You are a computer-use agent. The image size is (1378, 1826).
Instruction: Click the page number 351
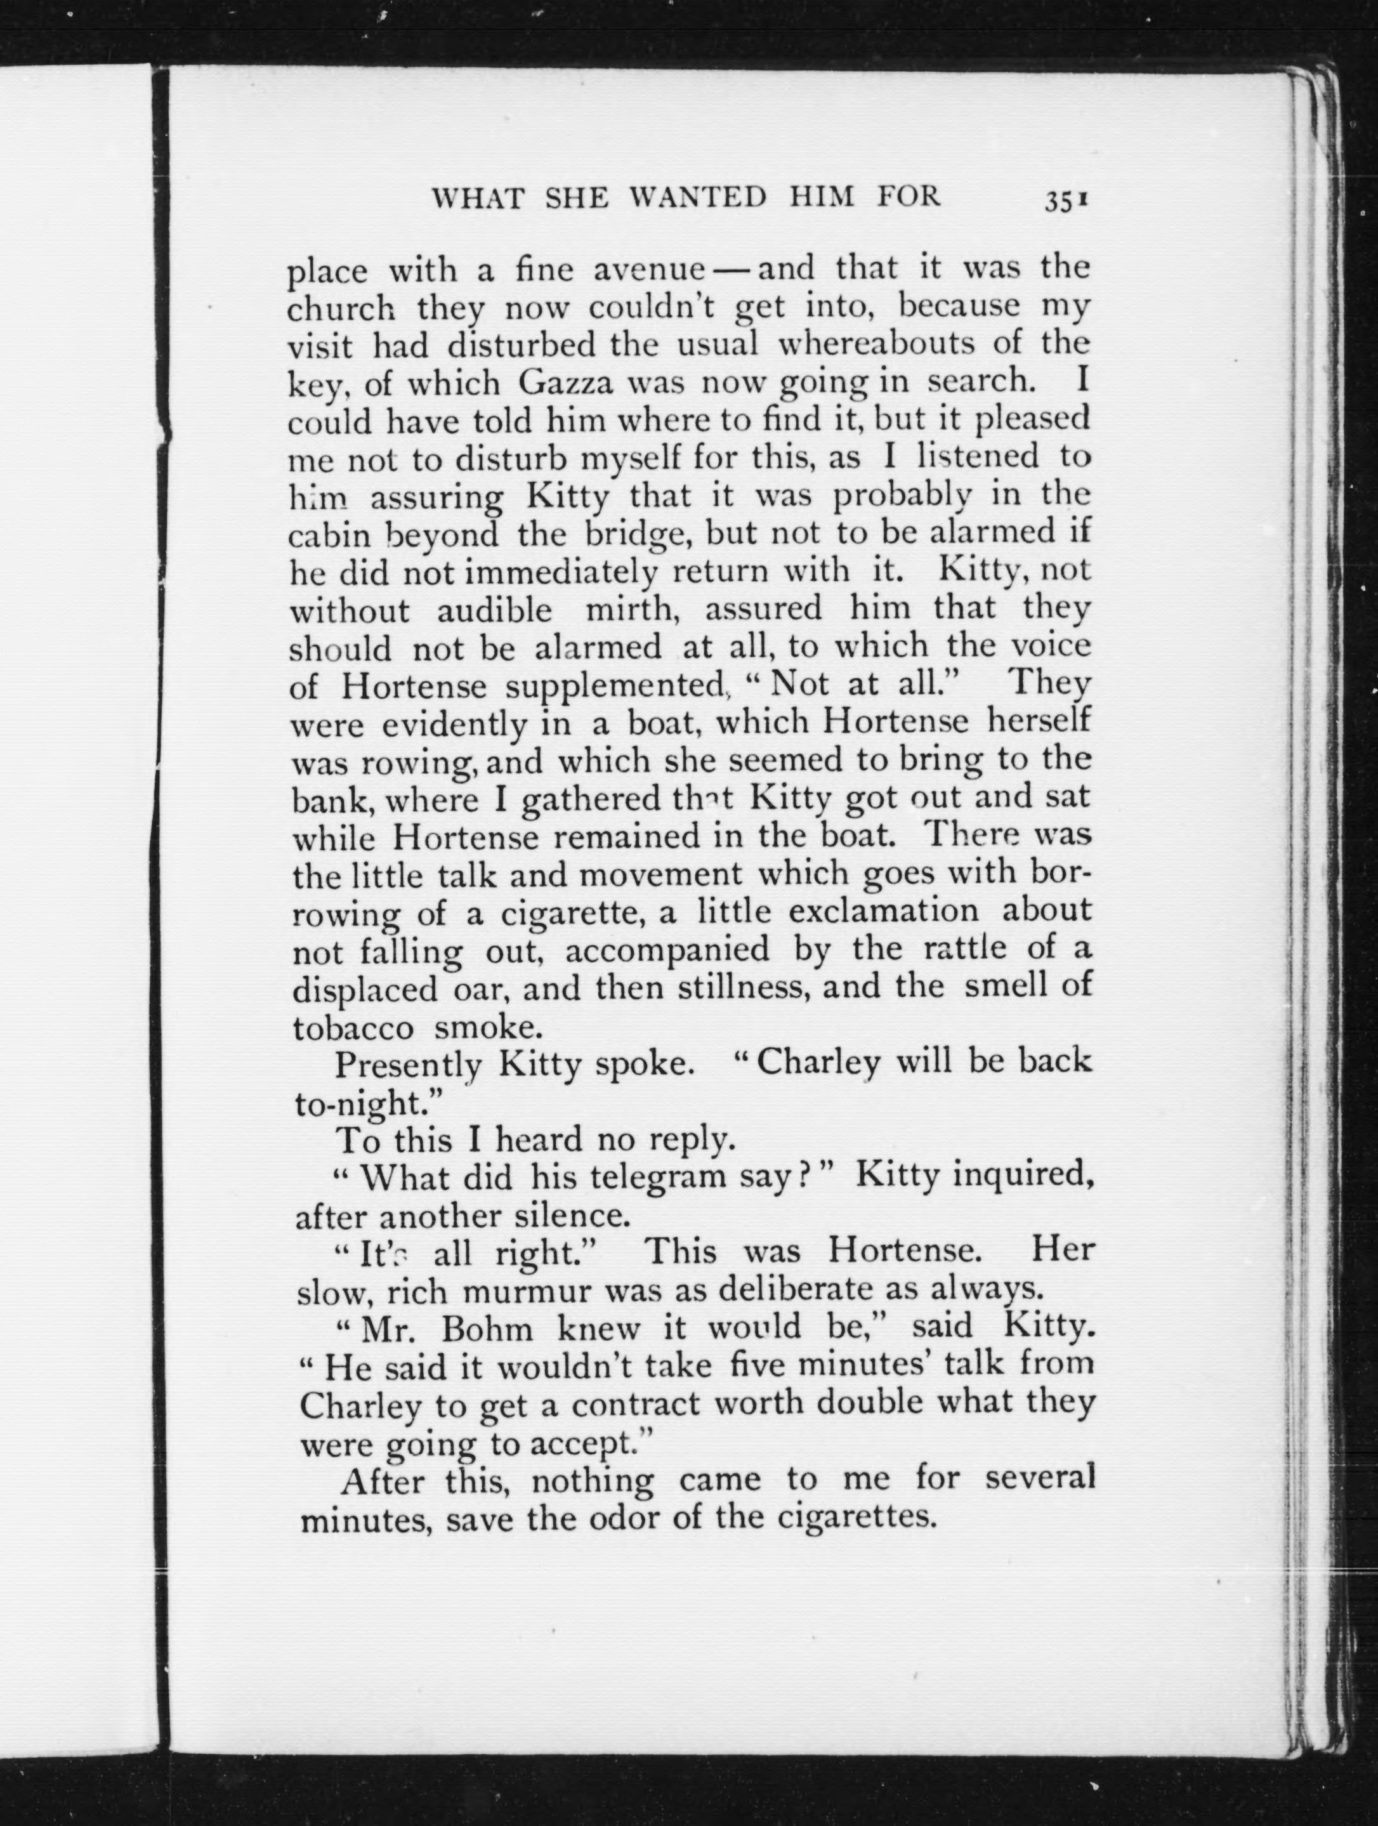pyautogui.click(x=1068, y=201)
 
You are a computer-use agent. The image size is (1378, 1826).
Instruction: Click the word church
pyautogui.click(x=339, y=309)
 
